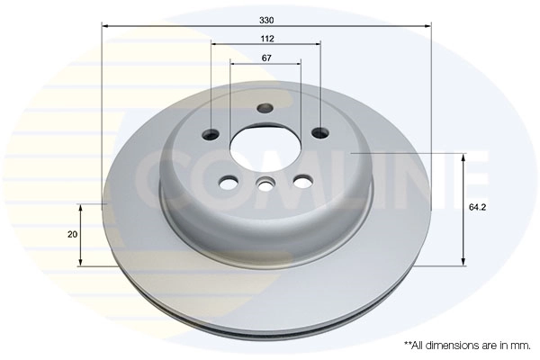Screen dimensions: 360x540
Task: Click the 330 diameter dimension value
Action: click(x=266, y=18)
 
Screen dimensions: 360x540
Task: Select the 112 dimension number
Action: click(x=266, y=40)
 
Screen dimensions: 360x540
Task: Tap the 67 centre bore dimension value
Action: click(x=266, y=58)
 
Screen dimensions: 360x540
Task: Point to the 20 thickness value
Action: click(x=72, y=234)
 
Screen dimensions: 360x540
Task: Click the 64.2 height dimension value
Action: click(x=478, y=208)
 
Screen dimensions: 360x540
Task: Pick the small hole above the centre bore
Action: click(x=265, y=110)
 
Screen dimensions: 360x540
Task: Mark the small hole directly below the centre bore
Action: click(x=265, y=186)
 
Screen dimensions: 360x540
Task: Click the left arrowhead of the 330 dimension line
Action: click(x=104, y=27)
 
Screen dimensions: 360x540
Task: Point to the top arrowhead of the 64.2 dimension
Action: click(x=463, y=157)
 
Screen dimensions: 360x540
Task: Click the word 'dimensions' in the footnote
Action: click(x=451, y=345)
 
